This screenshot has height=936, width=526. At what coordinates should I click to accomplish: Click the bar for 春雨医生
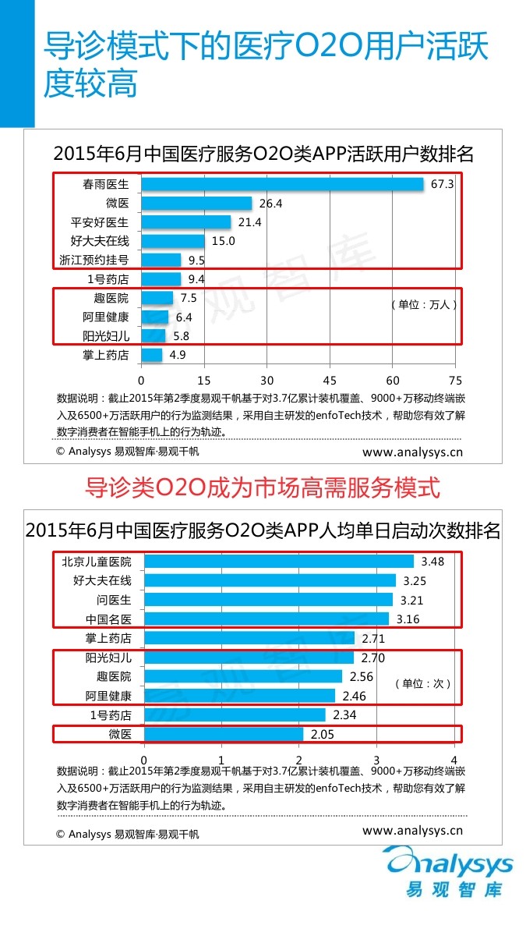282,184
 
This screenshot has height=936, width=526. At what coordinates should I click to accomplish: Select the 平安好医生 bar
186,222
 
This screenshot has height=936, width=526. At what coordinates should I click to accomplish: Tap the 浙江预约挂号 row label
94,260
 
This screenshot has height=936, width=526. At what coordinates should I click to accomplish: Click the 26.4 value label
270,204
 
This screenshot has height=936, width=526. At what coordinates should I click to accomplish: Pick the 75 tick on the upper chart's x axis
455,381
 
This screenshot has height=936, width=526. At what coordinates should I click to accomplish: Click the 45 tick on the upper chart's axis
330,381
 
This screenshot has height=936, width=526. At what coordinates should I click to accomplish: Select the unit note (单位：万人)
424,305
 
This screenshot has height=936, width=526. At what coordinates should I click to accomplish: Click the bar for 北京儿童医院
279,562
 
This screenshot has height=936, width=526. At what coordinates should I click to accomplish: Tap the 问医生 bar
268,600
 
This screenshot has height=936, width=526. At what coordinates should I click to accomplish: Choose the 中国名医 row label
108,619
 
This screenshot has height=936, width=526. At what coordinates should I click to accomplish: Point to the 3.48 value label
432,562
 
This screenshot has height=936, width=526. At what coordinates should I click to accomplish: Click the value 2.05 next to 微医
323,734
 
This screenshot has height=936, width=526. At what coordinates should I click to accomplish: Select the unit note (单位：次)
423,683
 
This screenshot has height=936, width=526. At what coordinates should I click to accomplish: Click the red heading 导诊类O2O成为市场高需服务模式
263,488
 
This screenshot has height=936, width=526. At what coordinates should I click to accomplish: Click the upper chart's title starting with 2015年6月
263,154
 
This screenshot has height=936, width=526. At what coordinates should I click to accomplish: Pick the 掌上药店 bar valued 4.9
152,356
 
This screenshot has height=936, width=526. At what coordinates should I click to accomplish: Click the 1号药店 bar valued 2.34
235,715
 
